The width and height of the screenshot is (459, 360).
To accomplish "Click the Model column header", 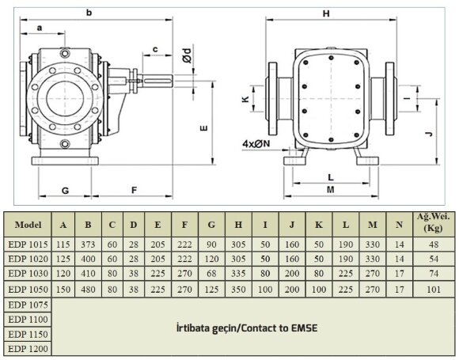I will [28, 224].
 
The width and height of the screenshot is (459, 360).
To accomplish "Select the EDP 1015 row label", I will [28, 244].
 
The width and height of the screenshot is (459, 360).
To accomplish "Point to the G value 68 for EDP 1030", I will [211, 274].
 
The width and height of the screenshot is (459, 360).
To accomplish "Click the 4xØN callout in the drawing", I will [257, 144].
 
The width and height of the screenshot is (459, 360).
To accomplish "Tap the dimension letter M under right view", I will [329, 189].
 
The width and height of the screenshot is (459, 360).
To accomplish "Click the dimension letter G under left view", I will [66, 190].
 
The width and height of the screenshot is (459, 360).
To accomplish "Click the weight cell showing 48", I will [433, 244].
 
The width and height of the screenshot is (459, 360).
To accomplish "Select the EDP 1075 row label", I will [28, 304].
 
